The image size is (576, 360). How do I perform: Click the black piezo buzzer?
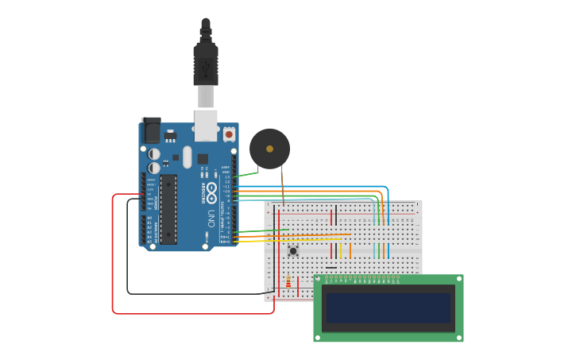pos(270,149)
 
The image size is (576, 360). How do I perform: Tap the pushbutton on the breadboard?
pos(293,251)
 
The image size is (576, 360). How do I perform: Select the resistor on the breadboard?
pos(288,281)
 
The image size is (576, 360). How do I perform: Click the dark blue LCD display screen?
pos(389,308)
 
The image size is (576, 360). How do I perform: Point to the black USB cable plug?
pos(206,60)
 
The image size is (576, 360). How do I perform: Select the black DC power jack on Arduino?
pos(151,130)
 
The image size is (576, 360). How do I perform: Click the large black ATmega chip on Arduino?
pos(168,209)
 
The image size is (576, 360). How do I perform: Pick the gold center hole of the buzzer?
pos(270,149)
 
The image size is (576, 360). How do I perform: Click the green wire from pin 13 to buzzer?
pos(246,174)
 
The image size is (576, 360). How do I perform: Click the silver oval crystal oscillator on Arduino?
pos(187,157)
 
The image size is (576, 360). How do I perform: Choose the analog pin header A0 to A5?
pos(149,229)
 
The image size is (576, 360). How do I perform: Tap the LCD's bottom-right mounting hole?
pos(458,336)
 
